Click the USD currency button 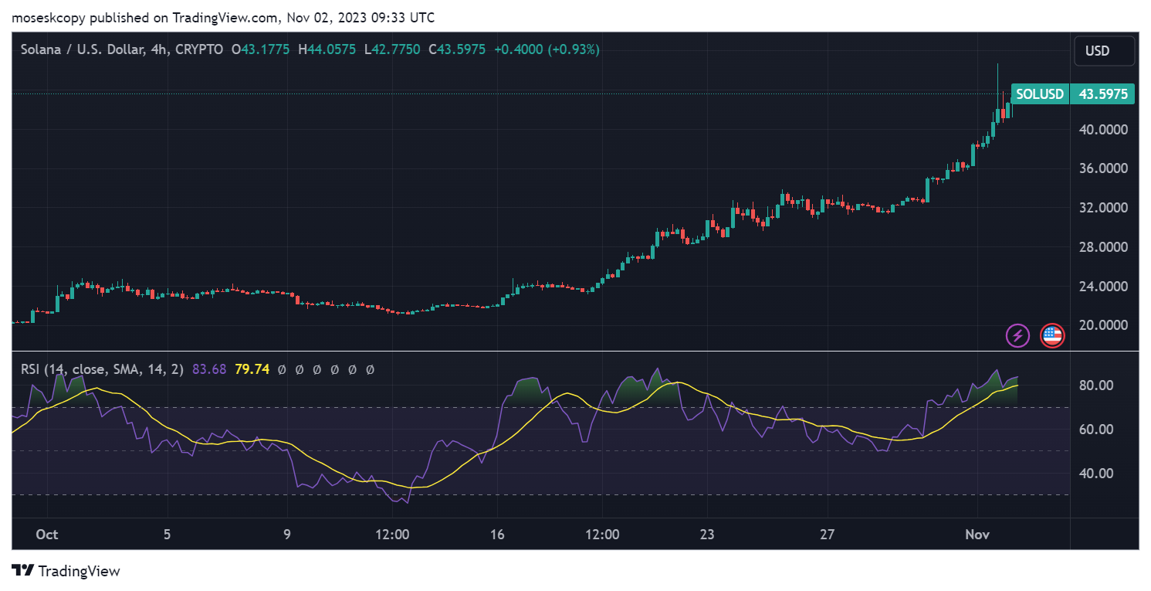click(x=1104, y=51)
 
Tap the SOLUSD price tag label click(x=1039, y=94)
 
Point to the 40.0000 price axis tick click(x=1106, y=129)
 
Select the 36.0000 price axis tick click(x=1106, y=168)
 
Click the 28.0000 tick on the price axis click(x=1106, y=247)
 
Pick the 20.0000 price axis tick click(x=1106, y=325)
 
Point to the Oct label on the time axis click(x=48, y=535)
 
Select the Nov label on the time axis click(x=977, y=535)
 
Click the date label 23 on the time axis click(x=707, y=535)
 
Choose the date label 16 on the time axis click(x=497, y=535)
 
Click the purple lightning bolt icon click(x=1017, y=335)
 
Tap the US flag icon click(x=1051, y=335)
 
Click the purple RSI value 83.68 click(x=209, y=369)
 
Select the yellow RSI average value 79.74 click(x=252, y=369)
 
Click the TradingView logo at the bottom click(x=66, y=571)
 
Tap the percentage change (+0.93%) click(x=574, y=49)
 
